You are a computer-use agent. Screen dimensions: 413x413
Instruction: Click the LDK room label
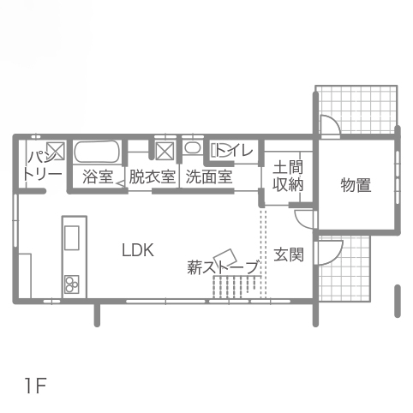[x=138, y=250]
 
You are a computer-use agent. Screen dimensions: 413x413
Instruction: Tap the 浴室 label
[x=98, y=177]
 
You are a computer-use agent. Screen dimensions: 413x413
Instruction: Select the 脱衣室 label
[x=152, y=177]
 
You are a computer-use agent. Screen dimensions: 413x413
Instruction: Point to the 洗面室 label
[x=209, y=177]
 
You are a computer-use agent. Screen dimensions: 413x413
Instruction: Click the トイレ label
[x=234, y=150]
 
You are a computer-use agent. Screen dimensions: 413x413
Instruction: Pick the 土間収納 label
[x=288, y=177]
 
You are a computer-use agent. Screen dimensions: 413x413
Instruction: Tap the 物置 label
[x=356, y=185]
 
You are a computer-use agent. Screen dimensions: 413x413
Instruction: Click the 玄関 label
[x=289, y=254]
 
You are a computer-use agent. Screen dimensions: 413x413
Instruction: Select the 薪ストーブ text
[x=224, y=267]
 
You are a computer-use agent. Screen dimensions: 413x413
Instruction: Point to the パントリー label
[x=43, y=165]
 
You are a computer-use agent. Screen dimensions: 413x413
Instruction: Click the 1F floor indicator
[x=35, y=386]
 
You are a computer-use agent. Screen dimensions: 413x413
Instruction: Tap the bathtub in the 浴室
[x=97, y=152]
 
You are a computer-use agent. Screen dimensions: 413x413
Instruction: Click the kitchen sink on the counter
[x=72, y=237]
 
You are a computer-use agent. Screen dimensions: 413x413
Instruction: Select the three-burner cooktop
[x=72, y=284]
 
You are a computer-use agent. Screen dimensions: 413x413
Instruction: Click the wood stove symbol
[x=225, y=257]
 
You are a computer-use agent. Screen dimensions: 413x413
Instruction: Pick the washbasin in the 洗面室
[x=193, y=147]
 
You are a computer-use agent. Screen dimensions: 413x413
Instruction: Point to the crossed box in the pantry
[x=56, y=151]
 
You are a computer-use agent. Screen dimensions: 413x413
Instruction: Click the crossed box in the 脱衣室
[x=165, y=151]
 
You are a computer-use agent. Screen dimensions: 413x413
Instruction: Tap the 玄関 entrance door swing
[x=328, y=253]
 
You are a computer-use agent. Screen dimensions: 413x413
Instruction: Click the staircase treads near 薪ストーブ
[x=236, y=287]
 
